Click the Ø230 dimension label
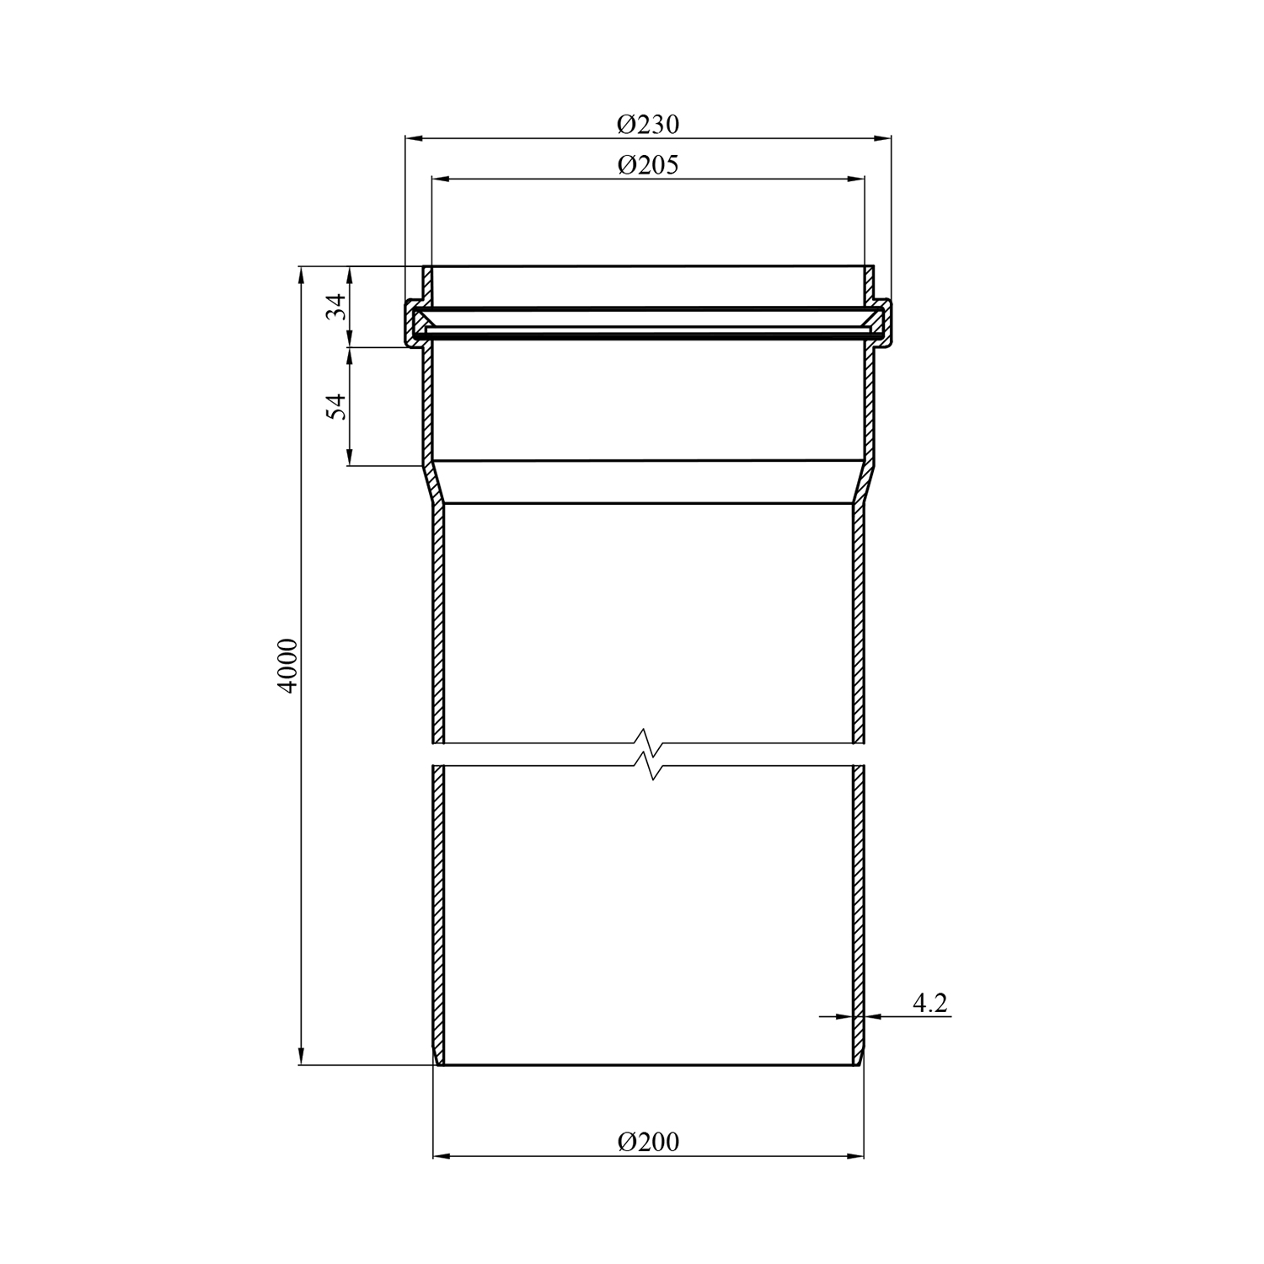[x=647, y=125]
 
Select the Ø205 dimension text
[x=647, y=164]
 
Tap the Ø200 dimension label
[x=647, y=1142]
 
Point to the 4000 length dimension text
[x=288, y=666]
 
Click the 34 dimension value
[x=336, y=305]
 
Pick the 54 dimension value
[x=336, y=406]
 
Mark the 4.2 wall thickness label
[x=930, y=1003]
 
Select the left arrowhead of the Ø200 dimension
[x=442, y=1156]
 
